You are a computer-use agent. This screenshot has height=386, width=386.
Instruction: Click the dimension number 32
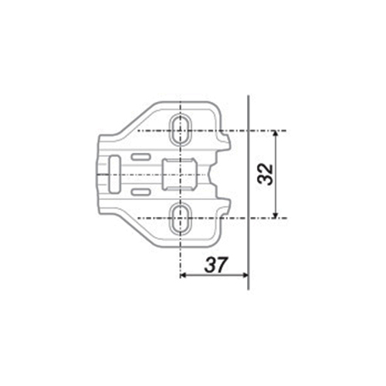click(x=266, y=174)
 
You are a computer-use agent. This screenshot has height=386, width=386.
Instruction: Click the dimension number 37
click(x=216, y=265)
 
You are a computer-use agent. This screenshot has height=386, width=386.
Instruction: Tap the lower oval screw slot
click(x=181, y=218)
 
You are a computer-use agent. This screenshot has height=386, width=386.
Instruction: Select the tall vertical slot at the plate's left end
click(x=114, y=174)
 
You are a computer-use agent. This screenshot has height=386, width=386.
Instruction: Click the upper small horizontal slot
click(x=141, y=157)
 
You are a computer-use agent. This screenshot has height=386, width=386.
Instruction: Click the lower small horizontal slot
click(x=141, y=191)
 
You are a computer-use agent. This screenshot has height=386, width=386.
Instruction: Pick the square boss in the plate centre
click(x=180, y=174)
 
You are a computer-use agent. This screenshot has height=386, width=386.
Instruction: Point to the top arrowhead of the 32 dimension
click(x=276, y=134)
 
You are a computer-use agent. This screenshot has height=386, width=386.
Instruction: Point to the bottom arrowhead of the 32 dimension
click(x=276, y=215)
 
